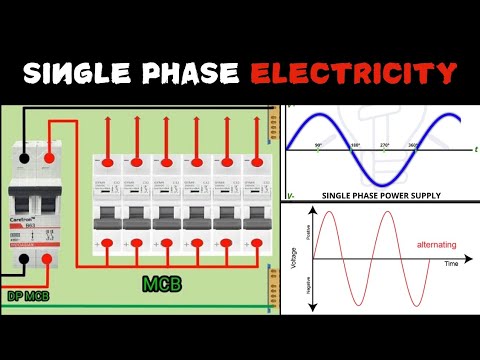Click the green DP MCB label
(x=29, y=296)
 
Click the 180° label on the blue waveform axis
(x=353, y=146)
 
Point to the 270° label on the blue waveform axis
(x=383, y=146)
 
